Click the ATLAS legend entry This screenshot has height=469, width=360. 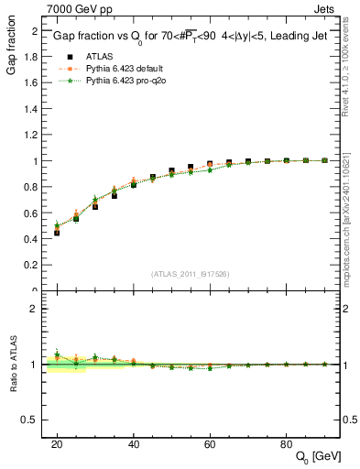100,56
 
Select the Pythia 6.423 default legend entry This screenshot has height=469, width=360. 125,68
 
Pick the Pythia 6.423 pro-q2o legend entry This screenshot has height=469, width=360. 125,81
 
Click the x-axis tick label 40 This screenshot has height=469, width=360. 134,443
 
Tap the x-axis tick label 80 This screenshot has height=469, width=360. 287,443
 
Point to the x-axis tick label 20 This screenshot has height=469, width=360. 57,443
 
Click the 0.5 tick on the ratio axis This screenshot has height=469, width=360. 32,420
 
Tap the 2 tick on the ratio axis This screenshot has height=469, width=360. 36,309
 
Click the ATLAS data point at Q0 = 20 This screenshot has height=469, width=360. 57,233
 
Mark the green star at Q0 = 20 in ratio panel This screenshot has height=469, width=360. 57,354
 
